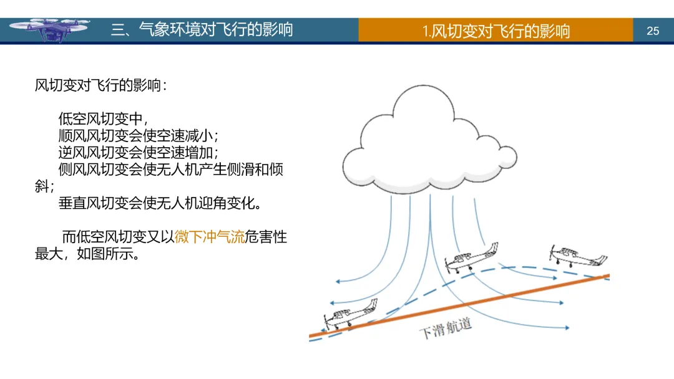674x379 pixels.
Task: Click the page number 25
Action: tap(653, 31)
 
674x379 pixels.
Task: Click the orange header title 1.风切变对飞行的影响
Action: tap(496, 31)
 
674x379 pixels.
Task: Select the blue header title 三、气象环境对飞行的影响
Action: tap(202, 29)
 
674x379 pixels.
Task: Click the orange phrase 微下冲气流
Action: tap(210, 237)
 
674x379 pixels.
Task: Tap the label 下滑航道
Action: tap(444, 329)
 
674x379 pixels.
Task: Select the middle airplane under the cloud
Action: tap(469, 257)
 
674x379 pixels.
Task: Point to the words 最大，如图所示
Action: tap(87, 254)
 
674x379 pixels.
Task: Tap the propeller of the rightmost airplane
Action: tap(553, 252)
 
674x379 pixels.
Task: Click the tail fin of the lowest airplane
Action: tap(373, 305)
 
